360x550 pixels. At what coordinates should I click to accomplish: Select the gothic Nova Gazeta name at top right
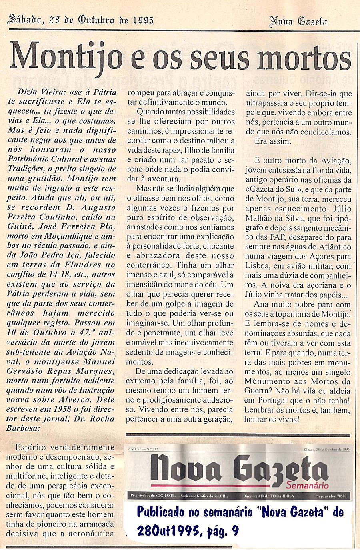coord(298,21)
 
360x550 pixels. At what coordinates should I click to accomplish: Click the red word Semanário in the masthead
coord(307,486)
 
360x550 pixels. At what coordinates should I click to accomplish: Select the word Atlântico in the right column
coord(331,247)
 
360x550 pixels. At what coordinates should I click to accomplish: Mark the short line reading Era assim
coord(273,141)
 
